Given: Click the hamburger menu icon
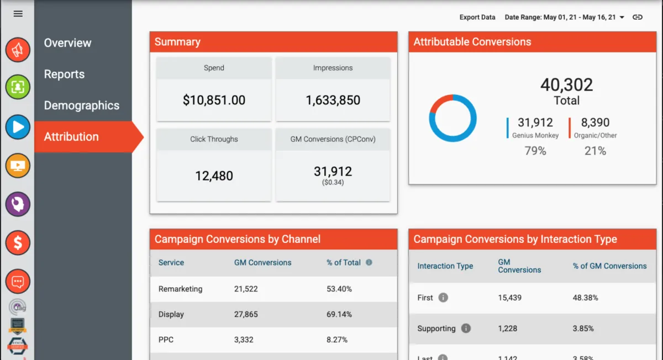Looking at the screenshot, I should [18, 14].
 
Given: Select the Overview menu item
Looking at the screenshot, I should [67, 43].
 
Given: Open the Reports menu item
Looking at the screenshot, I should [64, 75].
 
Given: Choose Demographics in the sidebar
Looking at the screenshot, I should [81, 105].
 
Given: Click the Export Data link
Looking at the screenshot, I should [477, 17].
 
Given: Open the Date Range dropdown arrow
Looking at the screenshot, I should [622, 18].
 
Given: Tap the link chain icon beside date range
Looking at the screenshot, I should [638, 17].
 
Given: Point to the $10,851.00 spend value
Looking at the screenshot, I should [214, 100].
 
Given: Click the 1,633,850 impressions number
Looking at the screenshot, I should [333, 100].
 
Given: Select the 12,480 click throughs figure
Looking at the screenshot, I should [214, 176].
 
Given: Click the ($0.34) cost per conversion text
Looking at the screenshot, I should [333, 182].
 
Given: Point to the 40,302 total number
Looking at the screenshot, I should [566, 85].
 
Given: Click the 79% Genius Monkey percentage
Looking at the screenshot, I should [535, 151].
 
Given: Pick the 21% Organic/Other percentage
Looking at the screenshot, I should [595, 151].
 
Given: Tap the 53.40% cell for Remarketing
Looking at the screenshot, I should [339, 289].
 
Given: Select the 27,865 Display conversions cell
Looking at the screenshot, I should [246, 314].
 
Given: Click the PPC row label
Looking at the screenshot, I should [166, 340].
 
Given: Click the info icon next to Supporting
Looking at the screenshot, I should [466, 329].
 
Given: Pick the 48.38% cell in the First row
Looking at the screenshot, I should [585, 298].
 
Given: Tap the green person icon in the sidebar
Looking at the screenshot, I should [18, 87].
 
